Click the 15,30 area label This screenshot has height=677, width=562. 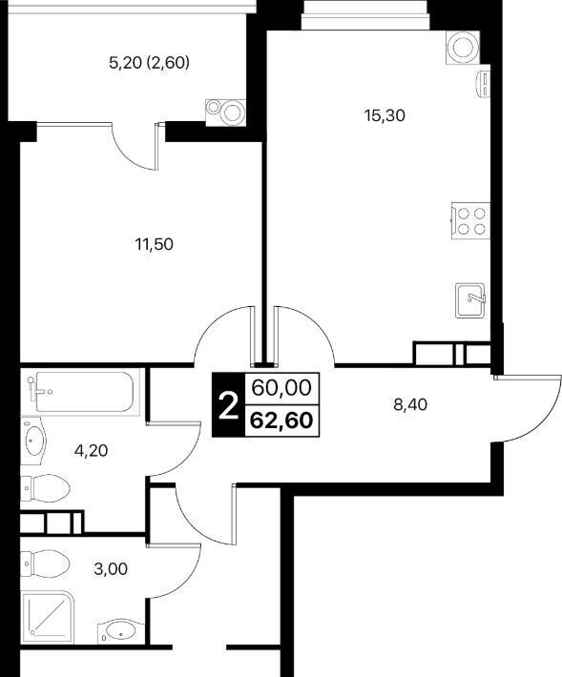[x=385, y=115]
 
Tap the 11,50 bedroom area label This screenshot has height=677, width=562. [x=155, y=244]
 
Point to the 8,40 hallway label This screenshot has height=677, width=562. [x=410, y=404]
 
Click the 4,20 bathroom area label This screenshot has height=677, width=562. [x=91, y=451]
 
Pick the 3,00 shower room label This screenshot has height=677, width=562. [x=111, y=569]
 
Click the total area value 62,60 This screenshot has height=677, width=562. [x=281, y=421]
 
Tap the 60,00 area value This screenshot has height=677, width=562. [x=281, y=388]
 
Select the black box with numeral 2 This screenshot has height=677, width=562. [x=228, y=404]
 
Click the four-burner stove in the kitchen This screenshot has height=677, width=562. [x=470, y=220]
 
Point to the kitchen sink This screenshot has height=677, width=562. [x=470, y=299]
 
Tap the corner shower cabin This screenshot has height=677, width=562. [x=48, y=617]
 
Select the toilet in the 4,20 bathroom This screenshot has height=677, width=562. [x=46, y=488]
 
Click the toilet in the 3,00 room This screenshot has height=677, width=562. [x=46, y=564]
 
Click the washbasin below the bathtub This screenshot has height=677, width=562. [x=33, y=441]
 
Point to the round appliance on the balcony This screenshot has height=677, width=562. [x=226, y=113]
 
